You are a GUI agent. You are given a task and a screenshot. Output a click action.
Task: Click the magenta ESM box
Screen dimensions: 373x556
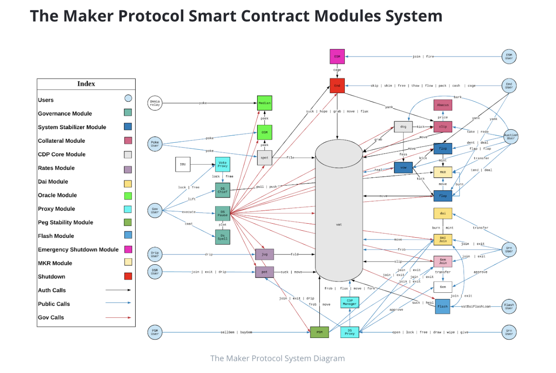337,56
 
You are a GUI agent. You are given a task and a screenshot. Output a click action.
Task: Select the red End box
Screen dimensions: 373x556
337,86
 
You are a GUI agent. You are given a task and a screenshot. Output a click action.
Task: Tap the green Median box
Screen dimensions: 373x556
264,103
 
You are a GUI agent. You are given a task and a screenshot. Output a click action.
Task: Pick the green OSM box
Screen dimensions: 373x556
264,132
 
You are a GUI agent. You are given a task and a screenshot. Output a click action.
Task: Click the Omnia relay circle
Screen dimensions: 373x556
155,103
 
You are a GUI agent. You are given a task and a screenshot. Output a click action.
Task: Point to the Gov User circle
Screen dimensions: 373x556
155,211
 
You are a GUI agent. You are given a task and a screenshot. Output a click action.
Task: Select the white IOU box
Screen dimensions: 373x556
183,164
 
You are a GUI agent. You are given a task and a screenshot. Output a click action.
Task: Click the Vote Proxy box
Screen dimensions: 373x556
222,164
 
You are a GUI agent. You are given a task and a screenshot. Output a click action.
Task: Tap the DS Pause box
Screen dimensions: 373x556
222,213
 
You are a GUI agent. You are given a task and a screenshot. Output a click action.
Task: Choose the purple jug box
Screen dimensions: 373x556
264,254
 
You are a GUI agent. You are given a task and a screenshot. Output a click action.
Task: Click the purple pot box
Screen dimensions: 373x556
264,272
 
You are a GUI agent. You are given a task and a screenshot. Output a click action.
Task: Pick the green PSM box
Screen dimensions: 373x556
319,332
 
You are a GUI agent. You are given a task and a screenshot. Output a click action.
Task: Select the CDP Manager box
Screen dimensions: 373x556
349,302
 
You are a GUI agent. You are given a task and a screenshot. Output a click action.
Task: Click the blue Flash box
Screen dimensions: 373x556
443,306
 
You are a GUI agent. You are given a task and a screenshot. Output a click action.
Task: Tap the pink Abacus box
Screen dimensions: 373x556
443,105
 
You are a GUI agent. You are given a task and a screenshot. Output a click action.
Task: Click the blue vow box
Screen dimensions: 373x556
403,167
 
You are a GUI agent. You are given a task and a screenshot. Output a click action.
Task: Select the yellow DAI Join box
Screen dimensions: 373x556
443,240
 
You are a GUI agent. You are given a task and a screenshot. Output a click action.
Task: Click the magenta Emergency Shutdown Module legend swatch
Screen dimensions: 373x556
128,250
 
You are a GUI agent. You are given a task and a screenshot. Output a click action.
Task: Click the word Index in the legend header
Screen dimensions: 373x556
86,84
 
